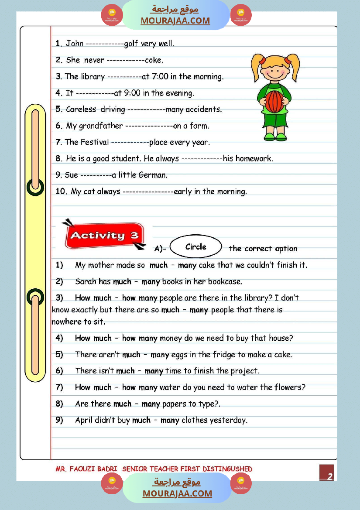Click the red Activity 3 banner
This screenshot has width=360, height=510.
(x=104, y=236)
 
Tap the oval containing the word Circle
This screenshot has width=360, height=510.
(x=195, y=247)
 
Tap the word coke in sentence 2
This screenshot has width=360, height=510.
(x=154, y=60)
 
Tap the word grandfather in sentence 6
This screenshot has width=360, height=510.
(x=101, y=126)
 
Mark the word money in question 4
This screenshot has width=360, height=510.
(x=171, y=338)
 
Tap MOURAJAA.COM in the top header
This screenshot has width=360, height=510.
(x=175, y=21)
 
